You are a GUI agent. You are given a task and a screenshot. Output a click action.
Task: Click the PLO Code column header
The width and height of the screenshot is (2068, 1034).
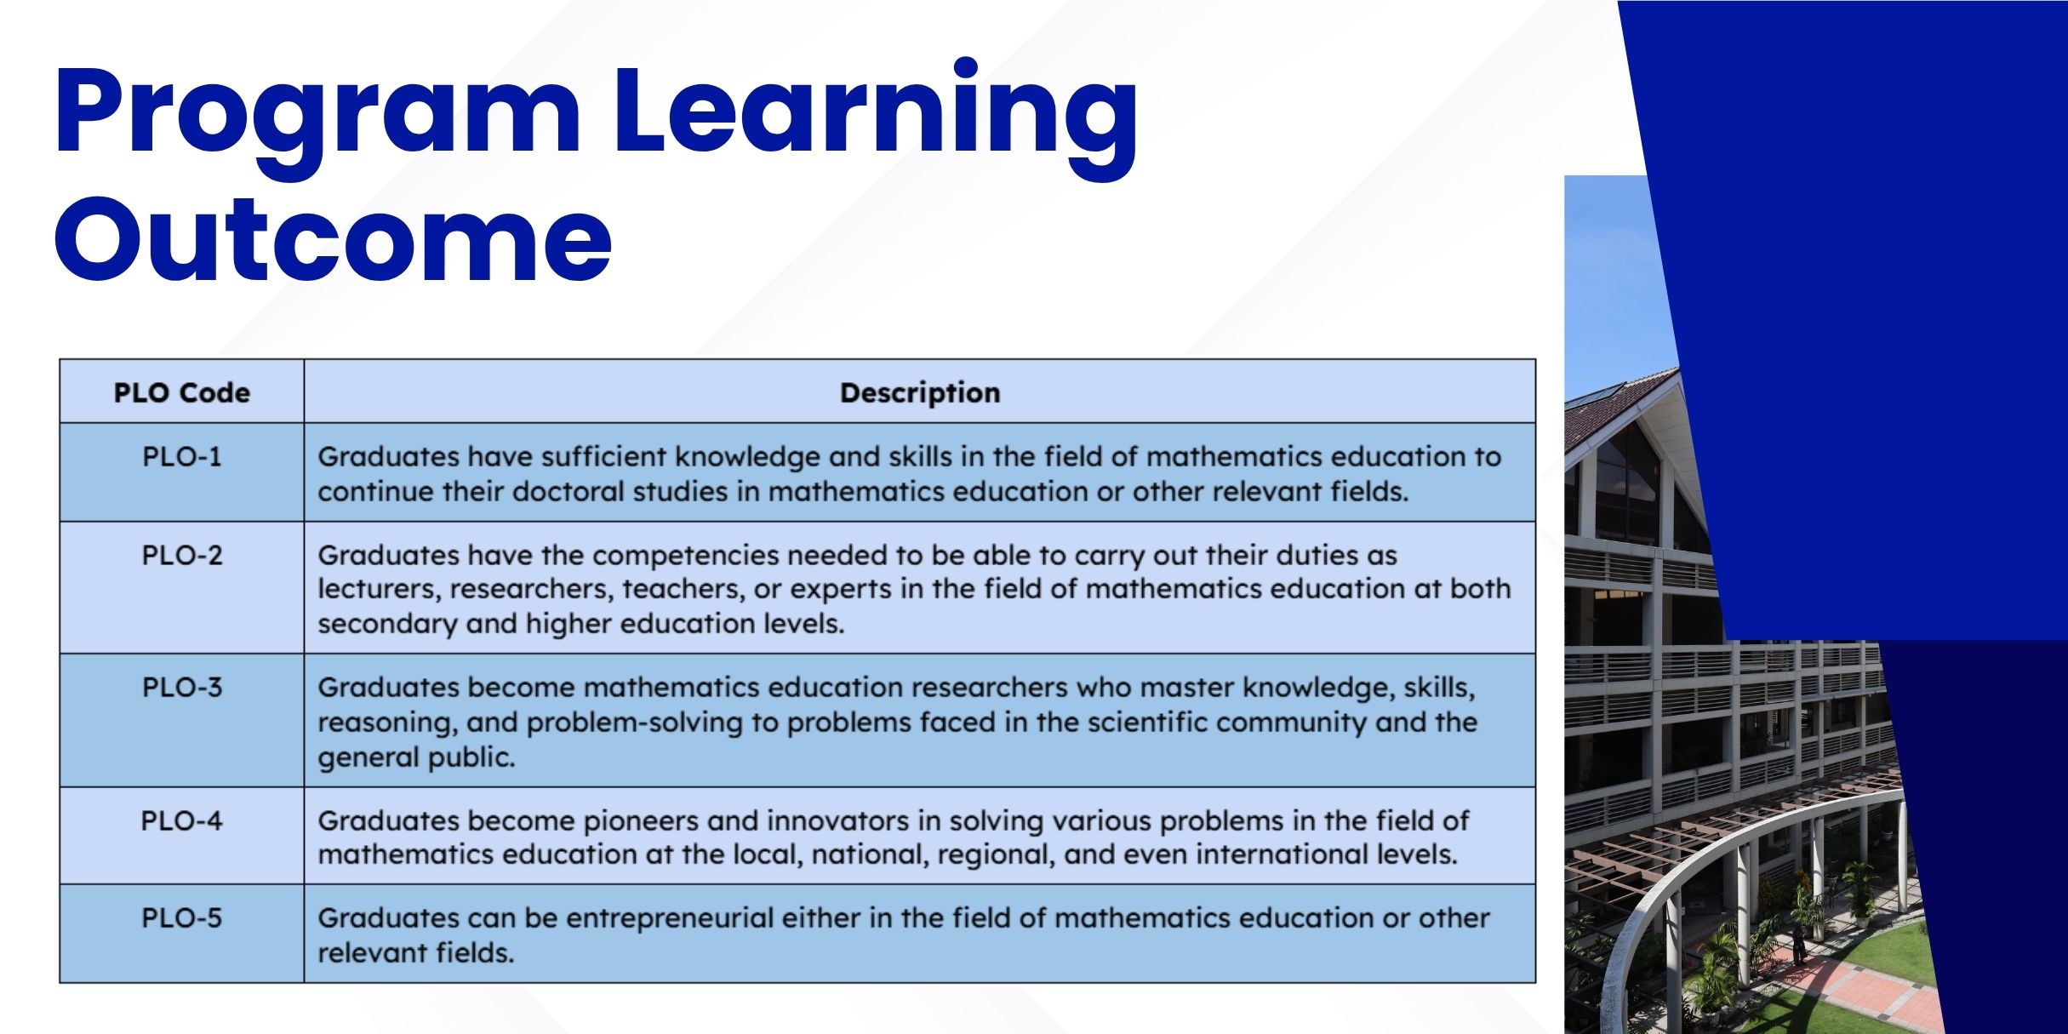pos(182,393)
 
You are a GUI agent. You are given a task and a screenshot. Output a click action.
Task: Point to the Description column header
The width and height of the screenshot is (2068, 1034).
pos(920,393)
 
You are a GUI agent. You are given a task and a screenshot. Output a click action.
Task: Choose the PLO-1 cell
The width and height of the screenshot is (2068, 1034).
pos(182,457)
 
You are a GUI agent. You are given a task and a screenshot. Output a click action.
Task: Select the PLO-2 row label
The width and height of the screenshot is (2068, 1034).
pos(182,556)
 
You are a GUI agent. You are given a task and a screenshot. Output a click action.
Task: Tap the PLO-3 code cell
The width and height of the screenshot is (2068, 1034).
pos(182,688)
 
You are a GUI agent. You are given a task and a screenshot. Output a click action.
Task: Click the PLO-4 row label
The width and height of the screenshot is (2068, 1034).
pos(182,821)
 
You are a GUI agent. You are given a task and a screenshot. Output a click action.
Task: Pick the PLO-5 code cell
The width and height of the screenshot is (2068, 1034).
pos(182,918)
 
